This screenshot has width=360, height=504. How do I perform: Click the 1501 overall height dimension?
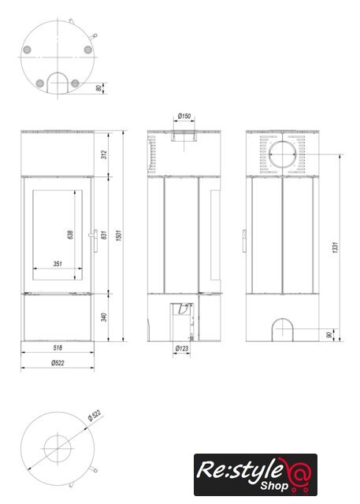119,235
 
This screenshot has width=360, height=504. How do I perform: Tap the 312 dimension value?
103,154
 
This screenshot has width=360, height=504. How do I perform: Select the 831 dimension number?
103,235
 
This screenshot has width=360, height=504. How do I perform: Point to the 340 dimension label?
103,317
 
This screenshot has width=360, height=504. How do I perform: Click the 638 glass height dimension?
70,235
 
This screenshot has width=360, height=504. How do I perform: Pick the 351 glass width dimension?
58,264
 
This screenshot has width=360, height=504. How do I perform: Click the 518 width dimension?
58,347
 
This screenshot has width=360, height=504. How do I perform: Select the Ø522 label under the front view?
58,363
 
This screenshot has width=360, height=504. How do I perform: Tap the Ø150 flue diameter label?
184,116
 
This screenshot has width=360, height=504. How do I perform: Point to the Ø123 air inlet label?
182,348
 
